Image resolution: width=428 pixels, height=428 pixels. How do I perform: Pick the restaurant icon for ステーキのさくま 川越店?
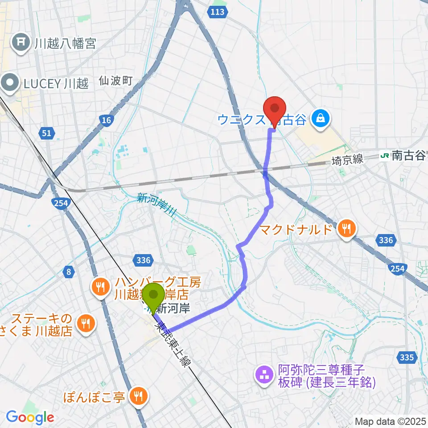click(85, 324)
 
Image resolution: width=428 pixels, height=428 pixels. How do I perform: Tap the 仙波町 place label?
click(116, 81)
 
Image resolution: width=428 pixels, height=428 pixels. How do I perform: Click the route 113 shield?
click(217, 12)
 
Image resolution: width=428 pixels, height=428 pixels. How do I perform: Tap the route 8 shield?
click(68, 271)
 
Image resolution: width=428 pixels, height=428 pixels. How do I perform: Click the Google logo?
click(30, 417)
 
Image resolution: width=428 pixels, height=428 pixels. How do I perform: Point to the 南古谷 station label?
click(408, 156)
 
